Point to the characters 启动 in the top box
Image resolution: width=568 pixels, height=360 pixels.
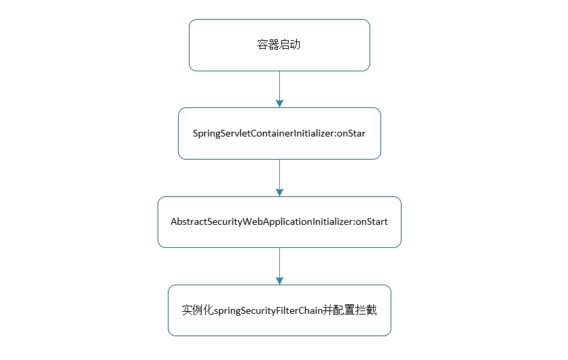coord(290,46)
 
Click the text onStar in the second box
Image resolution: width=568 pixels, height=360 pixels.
coord(351,133)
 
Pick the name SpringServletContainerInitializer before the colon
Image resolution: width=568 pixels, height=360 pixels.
coord(264,133)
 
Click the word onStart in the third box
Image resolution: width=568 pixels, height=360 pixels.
coord(372,222)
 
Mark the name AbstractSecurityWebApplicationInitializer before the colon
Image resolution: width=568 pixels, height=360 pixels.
coord(261,222)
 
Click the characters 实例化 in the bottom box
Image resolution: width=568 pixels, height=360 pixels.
coord(198,310)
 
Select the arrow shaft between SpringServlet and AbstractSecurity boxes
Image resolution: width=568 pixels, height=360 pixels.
coord(279,175)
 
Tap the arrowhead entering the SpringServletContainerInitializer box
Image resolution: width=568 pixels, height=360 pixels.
coord(279,103)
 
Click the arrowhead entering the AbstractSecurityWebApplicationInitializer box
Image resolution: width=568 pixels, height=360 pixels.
coord(279,193)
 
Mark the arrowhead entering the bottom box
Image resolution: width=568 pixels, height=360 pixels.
coord(279,281)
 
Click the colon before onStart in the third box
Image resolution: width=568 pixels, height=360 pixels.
coord(354,223)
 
